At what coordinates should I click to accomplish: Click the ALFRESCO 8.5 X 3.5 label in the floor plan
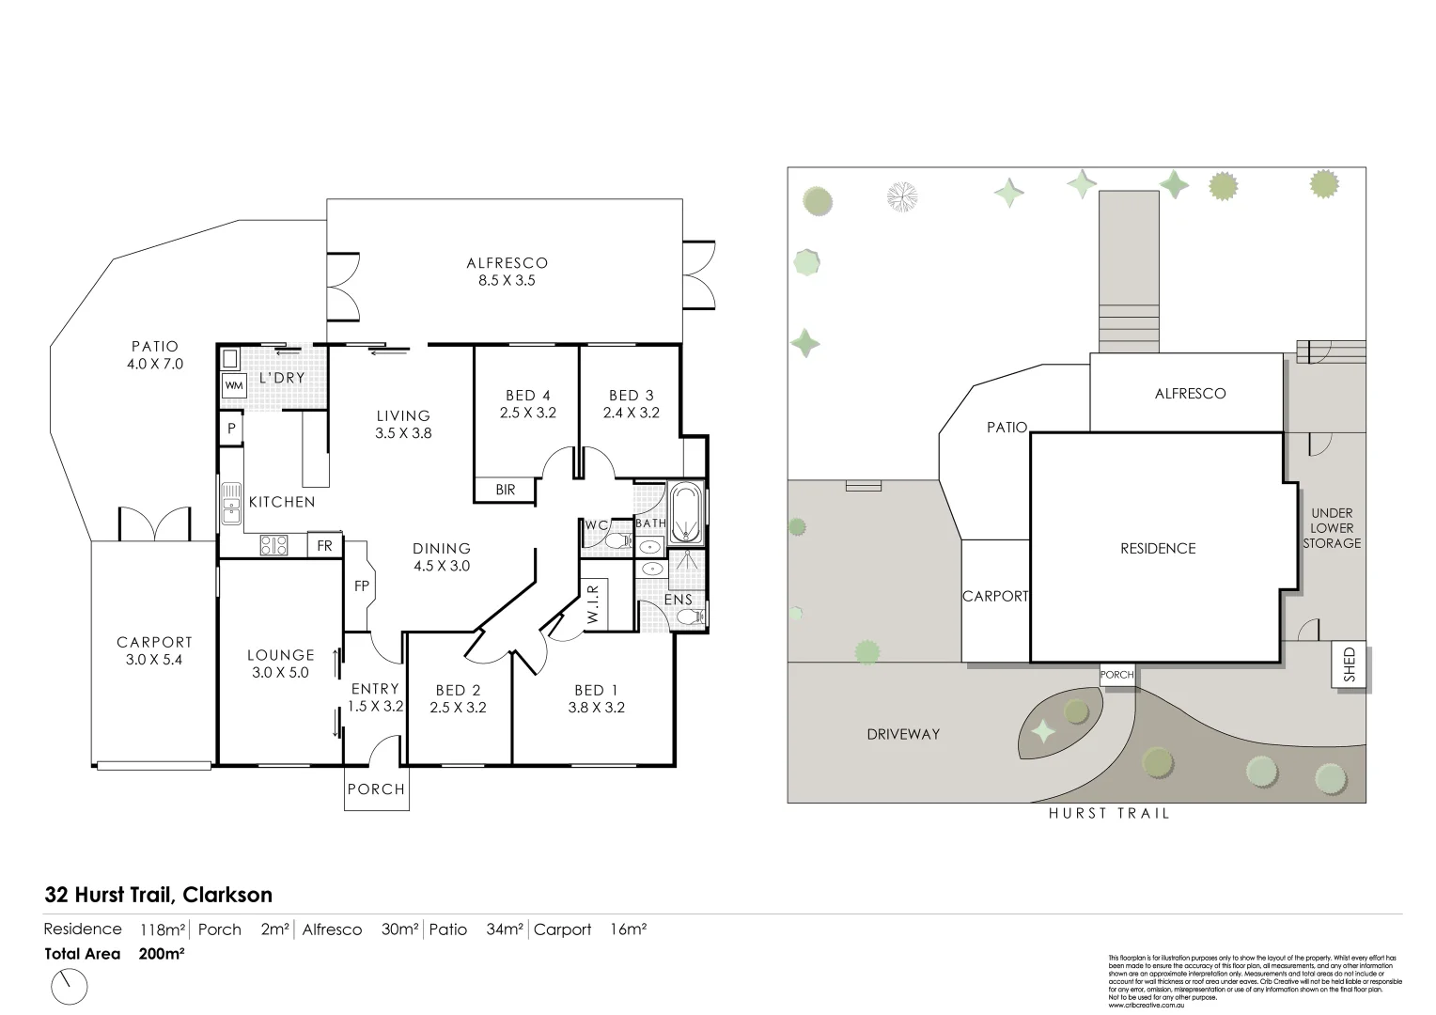[x=507, y=272]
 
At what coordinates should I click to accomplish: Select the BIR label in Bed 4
[x=505, y=490]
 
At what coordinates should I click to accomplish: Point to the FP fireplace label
[x=361, y=586]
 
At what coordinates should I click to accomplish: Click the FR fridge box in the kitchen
[x=324, y=546]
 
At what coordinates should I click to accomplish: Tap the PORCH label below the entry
[x=376, y=789]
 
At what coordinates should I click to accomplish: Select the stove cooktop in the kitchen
[x=273, y=545]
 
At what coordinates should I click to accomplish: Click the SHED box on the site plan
[x=1350, y=665]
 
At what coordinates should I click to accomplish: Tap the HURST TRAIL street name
[x=1109, y=814]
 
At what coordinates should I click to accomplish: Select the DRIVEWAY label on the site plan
[x=903, y=734]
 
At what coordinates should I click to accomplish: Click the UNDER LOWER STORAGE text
[x=1332, y=528]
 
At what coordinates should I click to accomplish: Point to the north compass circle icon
[x=68, y=987]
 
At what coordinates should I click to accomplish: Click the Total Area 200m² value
[x=161, y=954]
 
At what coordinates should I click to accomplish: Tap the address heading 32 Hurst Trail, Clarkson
[x=159, y=895]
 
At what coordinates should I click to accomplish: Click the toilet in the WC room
[x=617, y=541]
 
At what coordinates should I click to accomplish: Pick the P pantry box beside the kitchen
[x=231, y=429]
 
